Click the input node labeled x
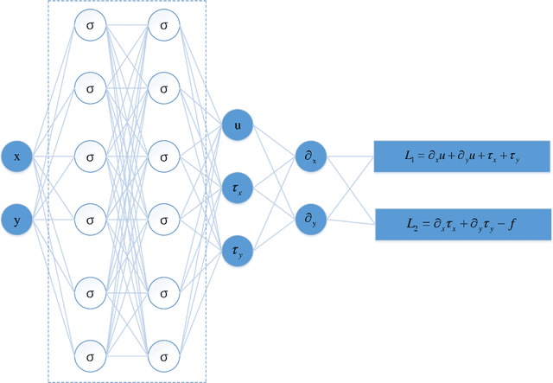coord(17,157)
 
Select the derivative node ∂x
coord(310,157)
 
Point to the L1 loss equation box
coord(461,156)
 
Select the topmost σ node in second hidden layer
coord(163,26)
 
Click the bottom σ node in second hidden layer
coord(163,355)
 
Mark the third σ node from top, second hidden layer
coord(163,157)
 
